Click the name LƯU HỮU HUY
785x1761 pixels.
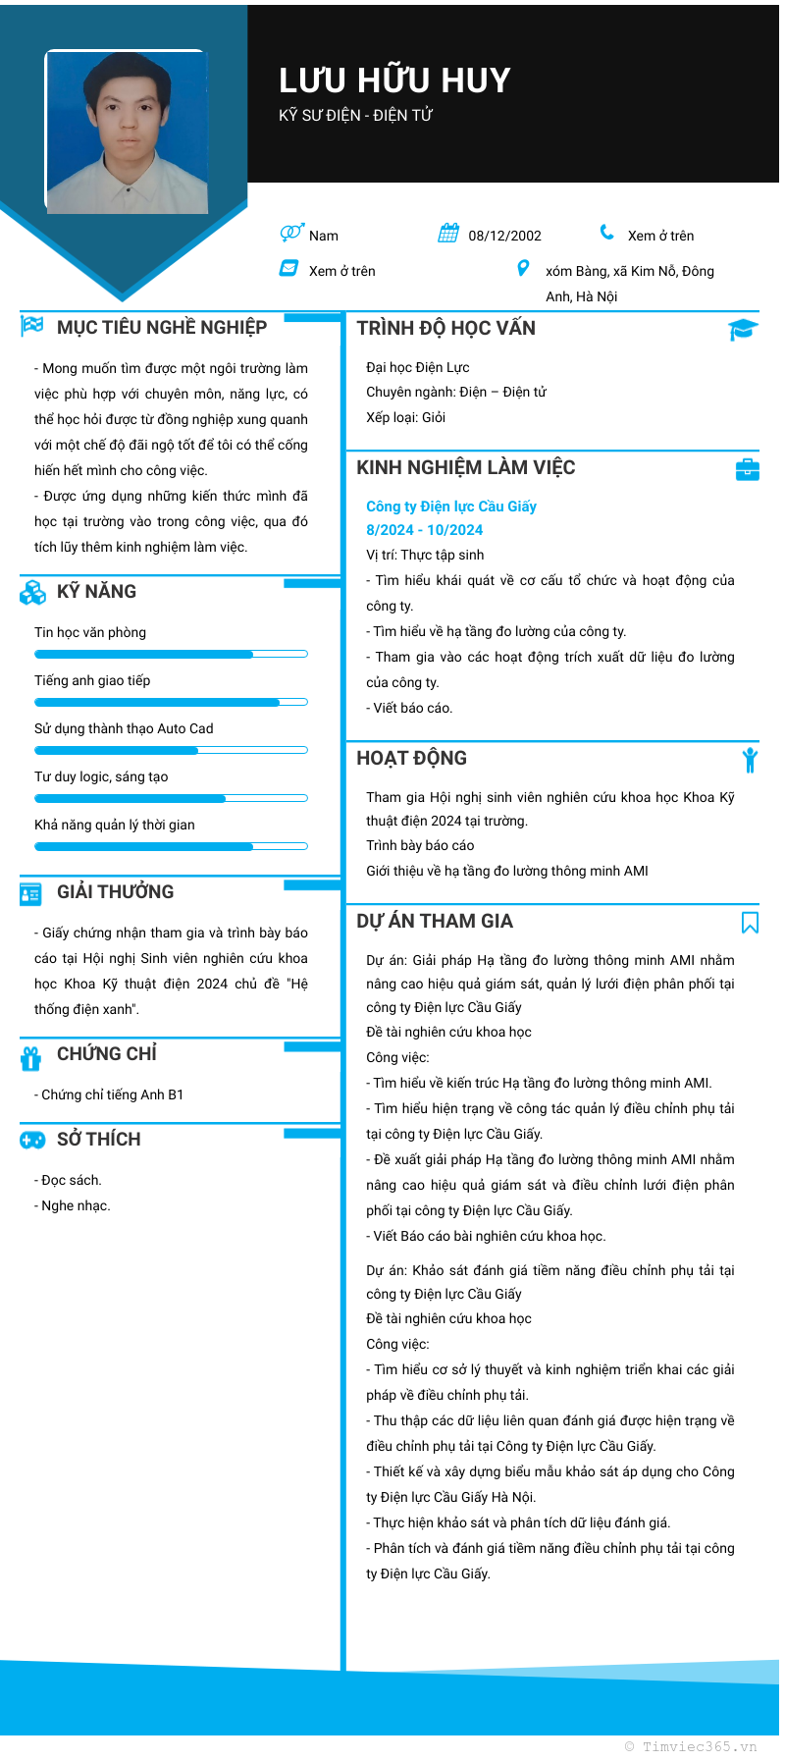pos(394,80)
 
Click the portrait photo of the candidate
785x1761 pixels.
pos(127,132)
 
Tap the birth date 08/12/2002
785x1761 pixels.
pos(504,236)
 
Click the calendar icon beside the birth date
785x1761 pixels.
pos(448,234)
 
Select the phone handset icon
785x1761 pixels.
pos(607,233)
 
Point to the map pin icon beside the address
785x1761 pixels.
pos(523,268)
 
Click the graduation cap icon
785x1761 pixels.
pos(743,330)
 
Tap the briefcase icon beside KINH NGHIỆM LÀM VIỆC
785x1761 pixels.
pos(748,469)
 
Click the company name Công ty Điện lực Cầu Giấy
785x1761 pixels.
pos(451,507)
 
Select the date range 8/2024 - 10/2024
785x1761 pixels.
pos(425,530)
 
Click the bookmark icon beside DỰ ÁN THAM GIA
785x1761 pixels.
pos(750,922)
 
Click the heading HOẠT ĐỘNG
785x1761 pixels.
pos(412,758)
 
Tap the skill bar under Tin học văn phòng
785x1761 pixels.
pos(171,654)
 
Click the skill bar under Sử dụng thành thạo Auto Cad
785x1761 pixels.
pos(171,750)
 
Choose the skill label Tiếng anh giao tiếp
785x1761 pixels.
pos(92,680)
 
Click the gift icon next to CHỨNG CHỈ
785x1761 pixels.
pos(31,1057)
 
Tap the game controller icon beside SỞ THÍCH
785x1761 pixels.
pos(32,1140)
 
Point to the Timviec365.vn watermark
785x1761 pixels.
pos(691,1746)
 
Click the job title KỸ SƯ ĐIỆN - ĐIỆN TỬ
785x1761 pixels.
pos(356,116)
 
